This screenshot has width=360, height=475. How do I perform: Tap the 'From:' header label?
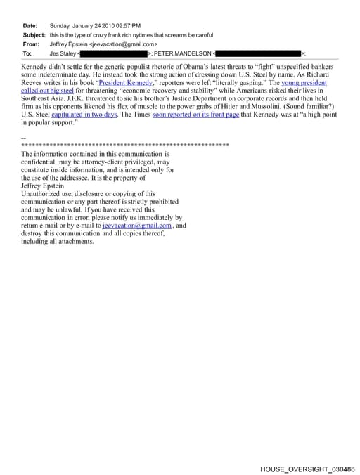coord(31,44)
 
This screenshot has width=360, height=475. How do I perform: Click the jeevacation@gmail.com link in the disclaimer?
coord(137,226)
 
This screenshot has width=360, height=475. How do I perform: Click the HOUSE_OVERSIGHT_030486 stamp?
coord(307,468)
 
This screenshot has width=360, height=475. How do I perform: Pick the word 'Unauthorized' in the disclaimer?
coord(43,193)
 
